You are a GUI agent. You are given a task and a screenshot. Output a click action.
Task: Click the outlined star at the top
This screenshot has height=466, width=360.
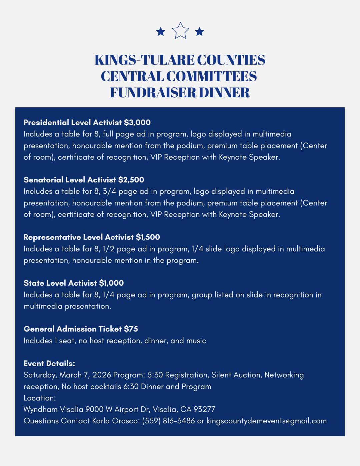tap(180, 31)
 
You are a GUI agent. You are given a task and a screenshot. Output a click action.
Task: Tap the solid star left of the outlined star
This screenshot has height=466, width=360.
tap(161, 32)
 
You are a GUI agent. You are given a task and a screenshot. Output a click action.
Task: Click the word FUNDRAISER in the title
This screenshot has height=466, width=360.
tap(153, 92)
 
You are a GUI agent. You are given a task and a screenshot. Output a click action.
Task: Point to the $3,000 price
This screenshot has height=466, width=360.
tap(137, 122)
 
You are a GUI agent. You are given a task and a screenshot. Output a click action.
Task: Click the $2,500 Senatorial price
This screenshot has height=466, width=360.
tap(131, 180)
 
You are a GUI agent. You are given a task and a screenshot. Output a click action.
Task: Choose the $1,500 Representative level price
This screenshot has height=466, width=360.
tap(148, 237)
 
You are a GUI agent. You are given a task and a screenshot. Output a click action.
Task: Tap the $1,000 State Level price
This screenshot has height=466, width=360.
tap(111, 283)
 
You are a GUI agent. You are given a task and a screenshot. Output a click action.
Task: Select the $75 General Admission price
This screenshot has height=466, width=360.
tap(131, 329)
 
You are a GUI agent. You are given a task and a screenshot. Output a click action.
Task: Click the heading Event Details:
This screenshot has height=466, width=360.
tap(49, 363)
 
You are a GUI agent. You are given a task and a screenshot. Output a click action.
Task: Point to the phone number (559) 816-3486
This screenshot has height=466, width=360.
tap(168, 421)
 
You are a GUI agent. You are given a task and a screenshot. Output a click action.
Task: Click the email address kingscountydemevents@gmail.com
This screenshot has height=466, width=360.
tap(266, 421)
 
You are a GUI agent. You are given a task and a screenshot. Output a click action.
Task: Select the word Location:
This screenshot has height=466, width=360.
tap(40, 398)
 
